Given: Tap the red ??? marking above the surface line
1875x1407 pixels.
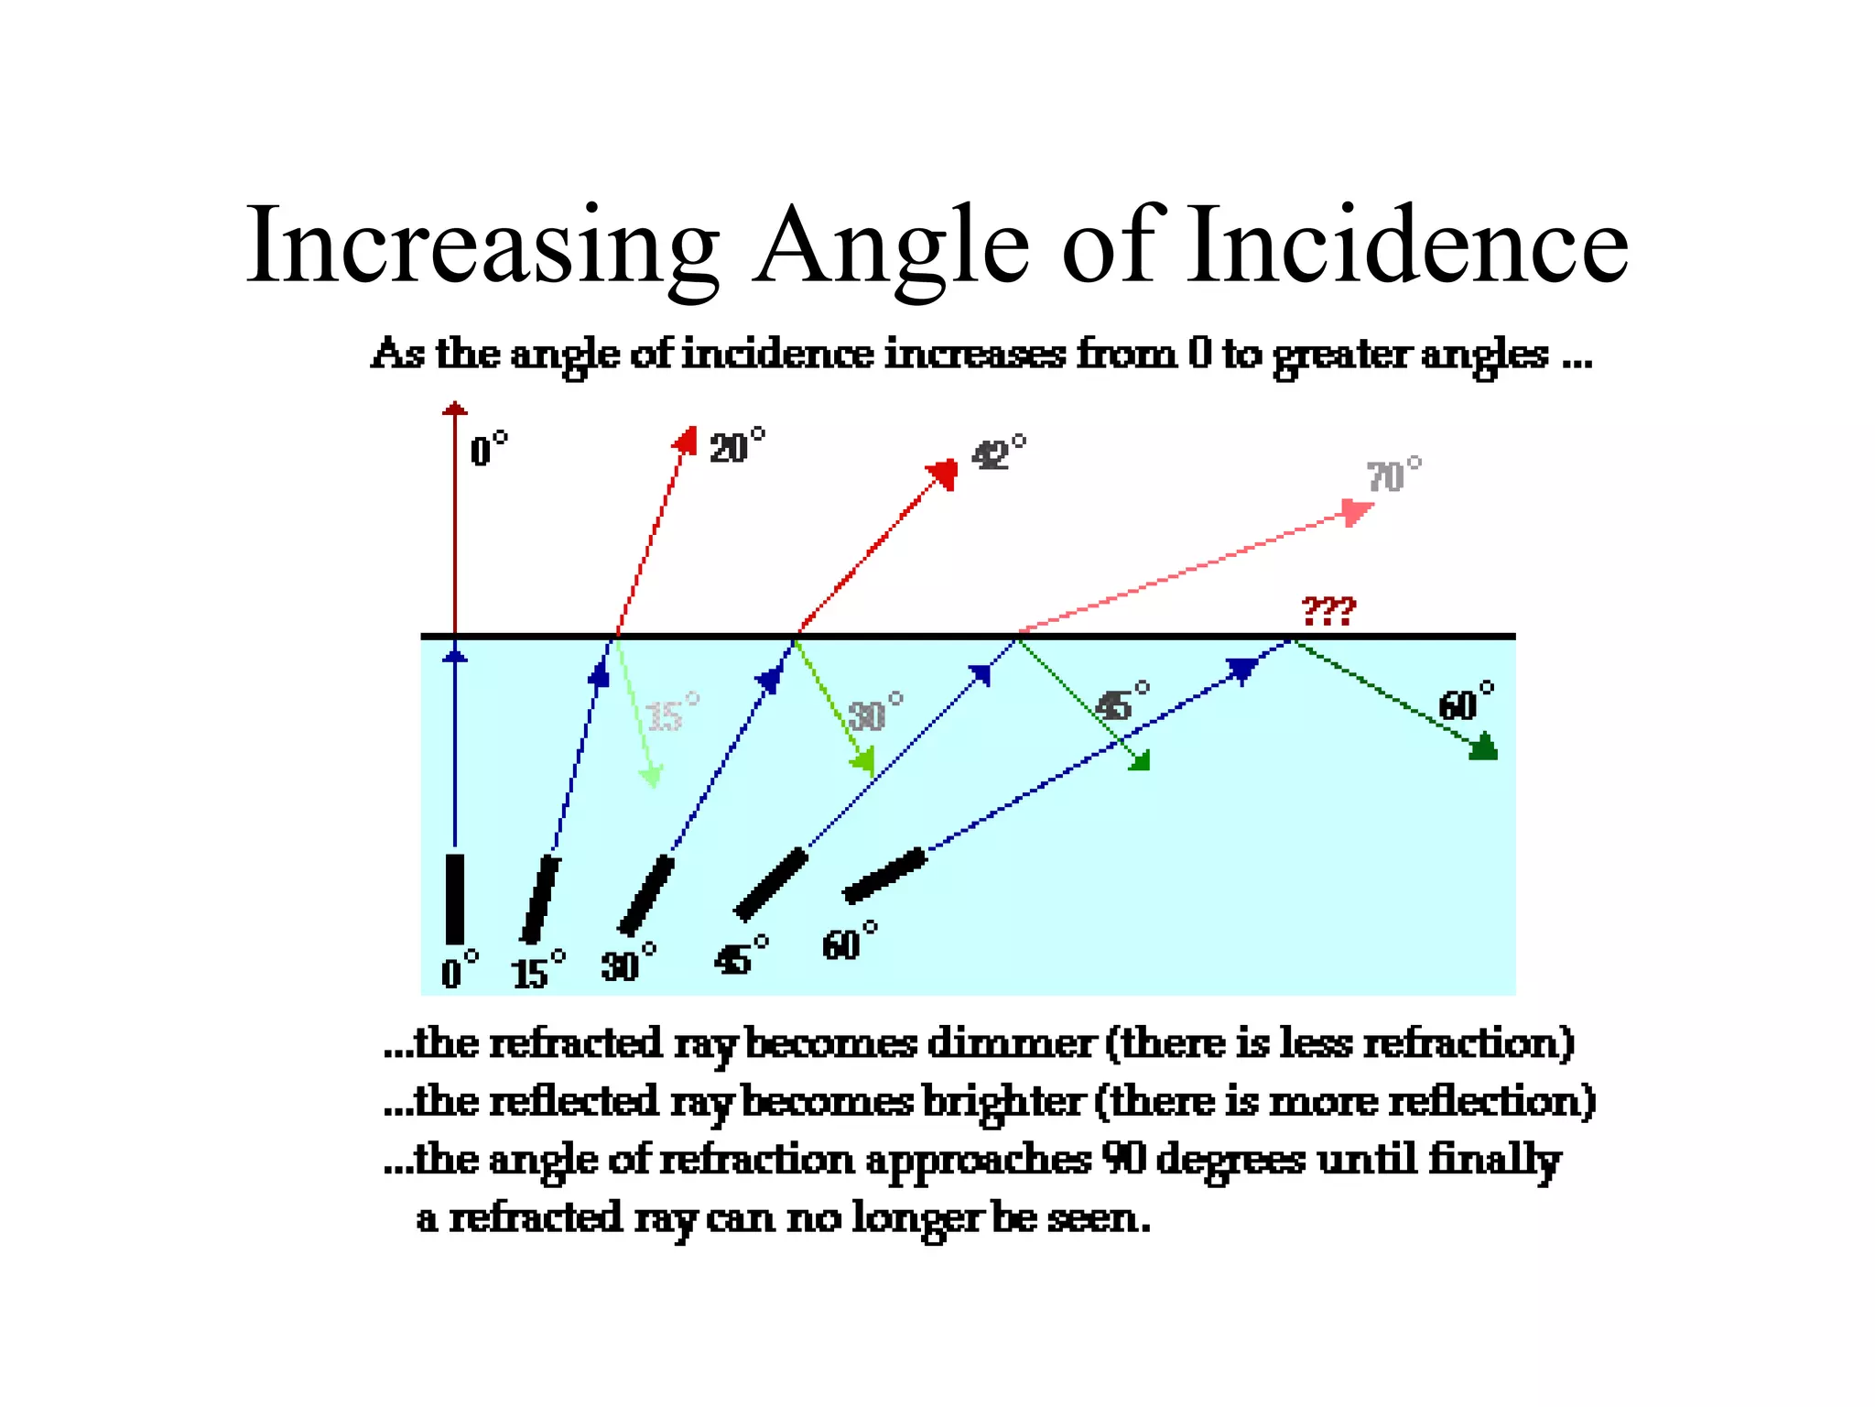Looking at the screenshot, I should click(x=1328, y=610).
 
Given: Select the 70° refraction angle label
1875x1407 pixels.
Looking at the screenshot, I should click(x=1393, y=476).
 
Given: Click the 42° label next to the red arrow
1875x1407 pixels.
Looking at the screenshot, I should click(x=998, y=453).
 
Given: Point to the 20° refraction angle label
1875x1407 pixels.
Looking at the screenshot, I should click(x=736, y=447).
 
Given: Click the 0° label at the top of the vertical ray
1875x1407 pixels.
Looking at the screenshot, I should click(x=488, y=450).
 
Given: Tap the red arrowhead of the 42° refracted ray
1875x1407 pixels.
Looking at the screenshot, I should click(x=943, y=474).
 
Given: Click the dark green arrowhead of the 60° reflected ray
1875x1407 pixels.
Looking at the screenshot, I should click(x=1483, y=747).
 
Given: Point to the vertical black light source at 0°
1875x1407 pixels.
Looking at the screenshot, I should click(x=454, y=898).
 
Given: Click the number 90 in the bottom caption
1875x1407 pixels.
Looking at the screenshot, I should click(x=1124, y=1160).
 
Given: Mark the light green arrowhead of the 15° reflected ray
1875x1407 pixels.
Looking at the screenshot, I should click(x=651, y=777).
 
